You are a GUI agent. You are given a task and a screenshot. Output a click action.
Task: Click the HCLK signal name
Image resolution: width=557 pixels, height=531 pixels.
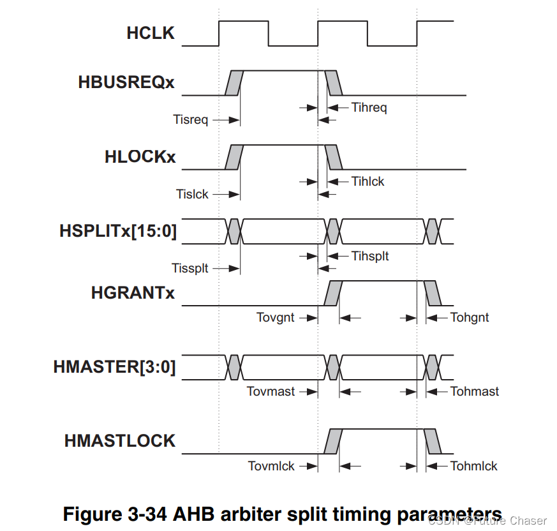pos(150,33)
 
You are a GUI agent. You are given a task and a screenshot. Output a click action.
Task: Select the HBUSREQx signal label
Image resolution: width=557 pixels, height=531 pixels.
pos(126,83)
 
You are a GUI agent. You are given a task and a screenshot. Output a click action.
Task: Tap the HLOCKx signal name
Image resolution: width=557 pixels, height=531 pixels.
pos(140,157)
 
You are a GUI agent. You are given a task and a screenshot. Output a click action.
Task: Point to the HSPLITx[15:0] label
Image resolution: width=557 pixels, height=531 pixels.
pos(117,231)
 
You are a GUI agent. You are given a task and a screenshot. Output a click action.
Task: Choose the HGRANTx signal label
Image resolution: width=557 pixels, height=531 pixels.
pos(133,293)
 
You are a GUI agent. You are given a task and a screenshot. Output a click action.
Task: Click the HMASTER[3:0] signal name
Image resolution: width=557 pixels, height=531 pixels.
pos(114,367)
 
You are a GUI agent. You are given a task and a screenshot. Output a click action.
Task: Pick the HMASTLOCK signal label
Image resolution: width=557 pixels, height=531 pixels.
pos(119,441)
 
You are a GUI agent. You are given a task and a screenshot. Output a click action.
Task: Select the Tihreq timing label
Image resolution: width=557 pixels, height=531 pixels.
pos(369,107)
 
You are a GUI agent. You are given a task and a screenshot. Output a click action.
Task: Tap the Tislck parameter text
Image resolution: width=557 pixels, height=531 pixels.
pos(192,194)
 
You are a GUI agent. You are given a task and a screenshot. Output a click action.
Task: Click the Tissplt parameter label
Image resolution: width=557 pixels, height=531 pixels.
pos(189,269)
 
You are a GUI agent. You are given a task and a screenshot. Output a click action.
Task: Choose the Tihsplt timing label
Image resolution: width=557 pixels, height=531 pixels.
pos(369,256)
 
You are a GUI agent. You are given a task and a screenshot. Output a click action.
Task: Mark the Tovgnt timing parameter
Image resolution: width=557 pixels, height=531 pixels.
pos(275,317)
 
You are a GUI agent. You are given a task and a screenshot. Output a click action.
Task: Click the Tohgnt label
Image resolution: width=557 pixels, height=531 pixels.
pos(470,317)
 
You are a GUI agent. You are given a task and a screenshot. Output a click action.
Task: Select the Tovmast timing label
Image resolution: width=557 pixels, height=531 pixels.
pos(271,391)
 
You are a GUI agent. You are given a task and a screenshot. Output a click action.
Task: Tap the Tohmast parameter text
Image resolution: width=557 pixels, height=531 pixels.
pos(474,391)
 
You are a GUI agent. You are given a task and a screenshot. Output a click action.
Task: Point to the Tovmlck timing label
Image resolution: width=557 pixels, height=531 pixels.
pos(271,466)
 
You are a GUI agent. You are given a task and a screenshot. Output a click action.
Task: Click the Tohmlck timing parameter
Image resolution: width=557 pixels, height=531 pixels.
pos(473,466)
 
